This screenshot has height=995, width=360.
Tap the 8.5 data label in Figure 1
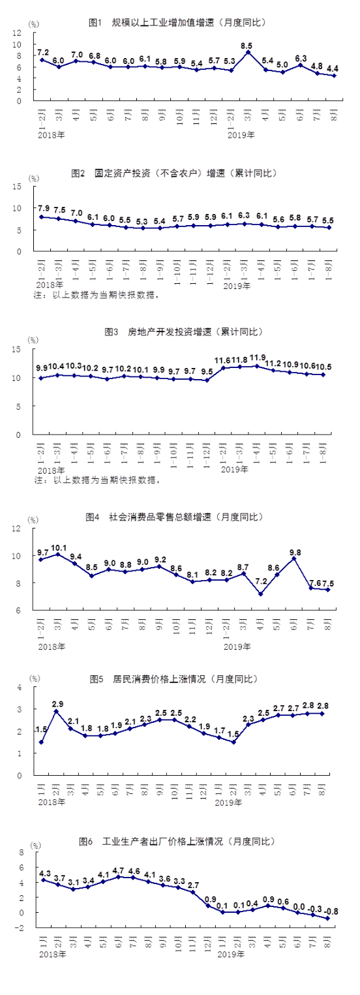(x=247, y=46)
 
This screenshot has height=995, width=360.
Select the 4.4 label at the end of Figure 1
(x=333, y=69)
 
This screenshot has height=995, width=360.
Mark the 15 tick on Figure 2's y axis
(x=18, y=187)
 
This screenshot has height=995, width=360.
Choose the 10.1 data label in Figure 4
(x=59, y=547)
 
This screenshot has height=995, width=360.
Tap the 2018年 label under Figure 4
(x=52, y=628)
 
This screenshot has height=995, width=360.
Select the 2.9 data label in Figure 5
(x=58, y=704)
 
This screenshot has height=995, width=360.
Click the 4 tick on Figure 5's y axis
(x=20, y=687)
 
